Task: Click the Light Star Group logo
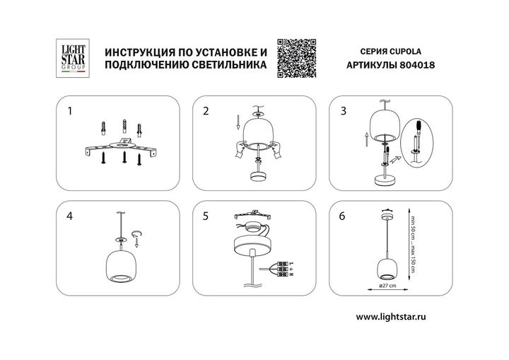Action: (71, 57)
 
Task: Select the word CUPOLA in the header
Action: (407, 52)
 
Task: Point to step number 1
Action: (69, 112)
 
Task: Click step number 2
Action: (206, 112)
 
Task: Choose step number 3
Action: (344, 112)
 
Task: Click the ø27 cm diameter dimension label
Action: (385, 286)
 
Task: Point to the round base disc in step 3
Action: (385, 182)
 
